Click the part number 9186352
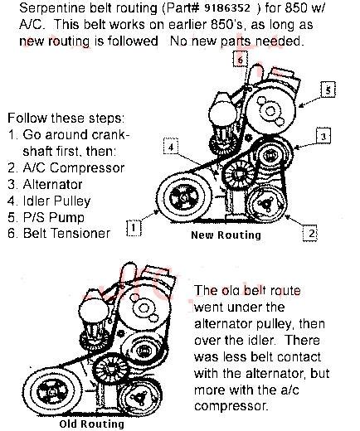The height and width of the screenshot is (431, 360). point(227,8)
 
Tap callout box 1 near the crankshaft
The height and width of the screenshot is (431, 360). point(134,228)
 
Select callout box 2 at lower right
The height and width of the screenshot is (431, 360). point(310,234)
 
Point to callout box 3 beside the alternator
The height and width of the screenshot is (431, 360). point(324,136)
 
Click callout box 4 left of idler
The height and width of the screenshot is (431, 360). point(171,147)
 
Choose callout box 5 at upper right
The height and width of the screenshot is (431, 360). point(328,90)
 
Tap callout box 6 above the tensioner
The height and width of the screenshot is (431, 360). point(241,59)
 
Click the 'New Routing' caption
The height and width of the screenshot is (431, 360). point(226,235)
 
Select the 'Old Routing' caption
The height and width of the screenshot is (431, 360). point(91,424)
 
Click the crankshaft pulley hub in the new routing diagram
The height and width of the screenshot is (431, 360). point(183,198)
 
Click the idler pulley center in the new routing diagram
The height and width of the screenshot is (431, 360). point(239,174)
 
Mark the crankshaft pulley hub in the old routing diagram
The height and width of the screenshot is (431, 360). point(51,392)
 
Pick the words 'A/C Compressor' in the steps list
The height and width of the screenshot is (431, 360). point(74,167)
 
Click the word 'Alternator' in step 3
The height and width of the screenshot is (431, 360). point(52,184)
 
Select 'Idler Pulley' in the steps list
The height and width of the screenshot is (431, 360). point(56,201)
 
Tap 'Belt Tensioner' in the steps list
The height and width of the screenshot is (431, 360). point(66,233)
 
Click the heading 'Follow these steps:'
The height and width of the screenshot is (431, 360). point(66,119)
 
